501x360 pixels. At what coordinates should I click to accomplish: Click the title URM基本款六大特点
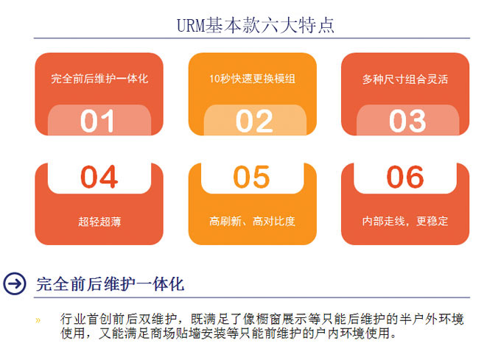(256, 25)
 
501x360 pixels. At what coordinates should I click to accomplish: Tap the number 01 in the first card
(97, 121)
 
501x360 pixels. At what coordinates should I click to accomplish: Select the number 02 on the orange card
(254, 121)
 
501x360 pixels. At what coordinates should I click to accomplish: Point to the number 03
(407, 121)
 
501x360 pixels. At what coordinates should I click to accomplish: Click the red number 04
(99, 177)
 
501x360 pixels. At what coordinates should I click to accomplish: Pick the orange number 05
(252, 177)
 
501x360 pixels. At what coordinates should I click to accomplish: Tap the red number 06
(405, 177)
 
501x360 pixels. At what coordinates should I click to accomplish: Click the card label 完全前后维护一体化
(99, 79)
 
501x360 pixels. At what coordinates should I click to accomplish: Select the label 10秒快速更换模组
(252, 79)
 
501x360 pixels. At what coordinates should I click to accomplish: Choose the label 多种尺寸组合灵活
(405, 79)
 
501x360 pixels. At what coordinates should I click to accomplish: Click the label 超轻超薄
(99, 221)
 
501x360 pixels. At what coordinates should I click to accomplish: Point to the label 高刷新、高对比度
(252, 221)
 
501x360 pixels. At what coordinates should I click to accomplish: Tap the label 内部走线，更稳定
(405, 221)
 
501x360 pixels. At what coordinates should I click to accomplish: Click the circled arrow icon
(15, 283)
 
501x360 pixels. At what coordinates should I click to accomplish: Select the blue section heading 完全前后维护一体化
(111, 283)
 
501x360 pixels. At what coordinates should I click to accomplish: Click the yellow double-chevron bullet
(38, 320)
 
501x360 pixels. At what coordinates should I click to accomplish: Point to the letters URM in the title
(191, 26)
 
